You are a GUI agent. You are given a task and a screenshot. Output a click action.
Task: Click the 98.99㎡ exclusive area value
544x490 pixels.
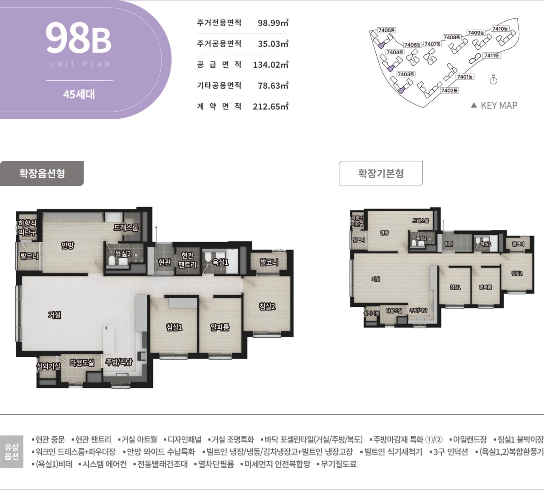(x=273, y=23)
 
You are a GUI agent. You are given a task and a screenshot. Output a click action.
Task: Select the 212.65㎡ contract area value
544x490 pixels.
(x=270, y=106)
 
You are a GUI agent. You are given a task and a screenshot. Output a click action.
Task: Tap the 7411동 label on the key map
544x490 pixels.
(x=492, y=56)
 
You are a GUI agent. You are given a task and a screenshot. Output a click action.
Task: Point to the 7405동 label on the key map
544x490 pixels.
(x=386, y=30)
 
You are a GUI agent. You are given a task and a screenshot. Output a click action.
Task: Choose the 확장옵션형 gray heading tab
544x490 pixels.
(x=42, y=173)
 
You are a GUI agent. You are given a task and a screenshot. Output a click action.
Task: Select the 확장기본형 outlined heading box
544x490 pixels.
(x=381, y=173)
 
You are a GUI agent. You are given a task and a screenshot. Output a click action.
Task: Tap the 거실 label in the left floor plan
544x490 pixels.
(x=54, y=315)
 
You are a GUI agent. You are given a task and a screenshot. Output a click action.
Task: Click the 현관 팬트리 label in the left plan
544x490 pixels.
(x=187, y=260)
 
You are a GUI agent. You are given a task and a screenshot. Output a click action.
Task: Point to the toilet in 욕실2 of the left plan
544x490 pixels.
(x=112, y=260)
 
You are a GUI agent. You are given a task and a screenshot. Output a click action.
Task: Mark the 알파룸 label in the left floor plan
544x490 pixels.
(x=220, y=327)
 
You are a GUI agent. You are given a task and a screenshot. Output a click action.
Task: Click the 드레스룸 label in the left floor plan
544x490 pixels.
(x=126, y=227)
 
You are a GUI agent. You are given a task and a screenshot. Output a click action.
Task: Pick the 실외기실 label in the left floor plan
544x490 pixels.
(x=48, y=366)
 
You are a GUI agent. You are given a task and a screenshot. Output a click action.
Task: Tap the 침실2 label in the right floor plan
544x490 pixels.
(x=517, y=273)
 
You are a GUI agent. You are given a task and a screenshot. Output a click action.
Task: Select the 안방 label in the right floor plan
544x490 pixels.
(x=384, y=233)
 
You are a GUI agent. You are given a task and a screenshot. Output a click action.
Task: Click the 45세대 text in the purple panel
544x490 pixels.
(x=79, y=94)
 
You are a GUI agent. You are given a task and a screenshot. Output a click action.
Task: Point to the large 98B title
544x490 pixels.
(x=78, y=38)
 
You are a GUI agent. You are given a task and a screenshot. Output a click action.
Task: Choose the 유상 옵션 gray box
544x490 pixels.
(x=12, y=452)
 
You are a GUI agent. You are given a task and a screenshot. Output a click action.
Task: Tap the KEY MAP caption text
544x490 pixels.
(x=499, y=105)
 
